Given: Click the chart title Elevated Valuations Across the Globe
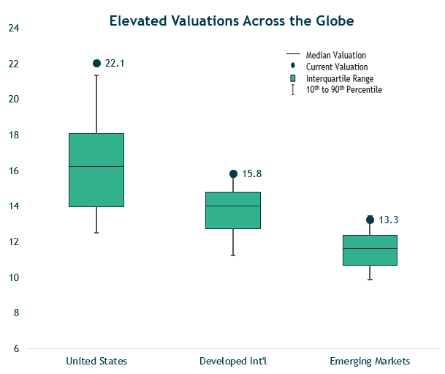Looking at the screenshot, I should [231, 21].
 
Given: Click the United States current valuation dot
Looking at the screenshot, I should [96, 64].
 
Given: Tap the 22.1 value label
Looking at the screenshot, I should [115, 64].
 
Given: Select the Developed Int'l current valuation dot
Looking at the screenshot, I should [233, 174].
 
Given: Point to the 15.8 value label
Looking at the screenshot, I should [251, 174].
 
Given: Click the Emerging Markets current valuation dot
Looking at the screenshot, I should [370, 220].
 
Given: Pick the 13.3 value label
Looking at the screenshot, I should [389, 220].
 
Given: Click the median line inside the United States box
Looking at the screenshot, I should [96, 167].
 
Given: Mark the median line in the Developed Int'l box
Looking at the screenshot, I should [233, 206].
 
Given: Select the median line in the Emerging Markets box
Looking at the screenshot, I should [370, 249].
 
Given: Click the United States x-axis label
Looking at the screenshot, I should [96, 361].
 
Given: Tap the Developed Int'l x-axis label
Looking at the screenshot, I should [233, 361].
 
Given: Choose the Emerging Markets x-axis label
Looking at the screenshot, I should [370, 361].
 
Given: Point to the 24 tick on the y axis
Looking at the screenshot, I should [13, 29].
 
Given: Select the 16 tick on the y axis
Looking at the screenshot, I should [13, 171].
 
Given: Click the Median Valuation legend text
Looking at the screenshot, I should [335, 55].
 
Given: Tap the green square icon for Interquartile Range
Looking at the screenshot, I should [292, 78].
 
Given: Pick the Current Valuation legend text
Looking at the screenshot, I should [336, 67].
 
